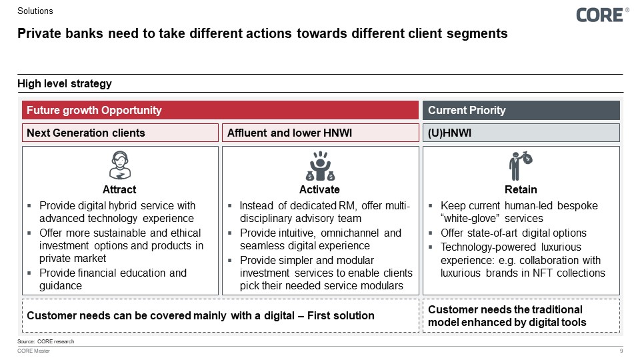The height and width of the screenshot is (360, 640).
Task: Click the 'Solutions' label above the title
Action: (x=35, y=11)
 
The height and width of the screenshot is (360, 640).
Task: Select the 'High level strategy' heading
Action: (x=65, y=83)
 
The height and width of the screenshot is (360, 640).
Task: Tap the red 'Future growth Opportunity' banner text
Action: (x=94, y=110)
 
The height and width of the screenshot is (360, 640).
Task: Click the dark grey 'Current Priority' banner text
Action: (x=467, y=110)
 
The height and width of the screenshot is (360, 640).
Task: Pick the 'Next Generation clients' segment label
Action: (x=85, y=133)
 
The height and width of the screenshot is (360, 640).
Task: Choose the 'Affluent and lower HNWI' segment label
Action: (x=289, y=133)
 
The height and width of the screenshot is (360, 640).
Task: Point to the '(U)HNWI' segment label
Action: (x=450, y=133)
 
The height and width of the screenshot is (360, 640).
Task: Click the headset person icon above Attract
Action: (x=120, y=165)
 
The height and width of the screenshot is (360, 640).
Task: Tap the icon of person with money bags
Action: (x=320, y=166)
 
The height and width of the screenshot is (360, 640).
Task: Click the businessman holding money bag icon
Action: (x=521, y=165)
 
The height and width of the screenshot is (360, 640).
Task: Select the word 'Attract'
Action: (x=120, y=189)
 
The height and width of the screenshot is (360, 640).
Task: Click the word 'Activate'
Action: (x=320, y=189)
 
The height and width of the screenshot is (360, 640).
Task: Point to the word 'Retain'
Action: (x=521, y=189)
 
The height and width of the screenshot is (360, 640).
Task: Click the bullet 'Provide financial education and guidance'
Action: (x=113, y=279)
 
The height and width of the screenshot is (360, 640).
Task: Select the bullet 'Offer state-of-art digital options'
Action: (x=513, y=233)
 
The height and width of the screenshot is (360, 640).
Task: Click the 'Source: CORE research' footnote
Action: (x=46, y=341)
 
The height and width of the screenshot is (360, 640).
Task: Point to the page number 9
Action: (x=621, y=351)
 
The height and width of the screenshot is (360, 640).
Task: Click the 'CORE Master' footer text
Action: (x=33, y=351)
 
